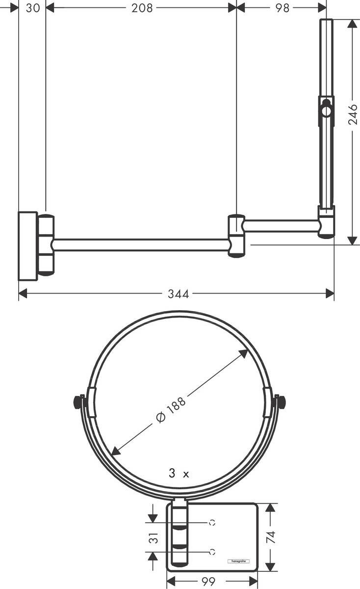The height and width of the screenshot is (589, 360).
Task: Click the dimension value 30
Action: [32, 7]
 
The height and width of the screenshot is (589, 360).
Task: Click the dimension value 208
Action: [142, 7]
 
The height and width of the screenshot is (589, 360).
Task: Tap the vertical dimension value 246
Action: [353, 114]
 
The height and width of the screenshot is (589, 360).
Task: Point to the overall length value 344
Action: [178, 294]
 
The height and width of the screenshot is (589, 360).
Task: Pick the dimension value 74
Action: [271, 536]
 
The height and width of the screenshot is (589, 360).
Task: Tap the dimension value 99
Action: [209, 582]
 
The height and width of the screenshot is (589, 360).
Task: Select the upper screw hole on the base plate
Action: [212, 523]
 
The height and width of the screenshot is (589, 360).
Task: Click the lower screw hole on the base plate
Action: [212, 552]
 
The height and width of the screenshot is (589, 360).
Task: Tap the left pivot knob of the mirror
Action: [77, 402]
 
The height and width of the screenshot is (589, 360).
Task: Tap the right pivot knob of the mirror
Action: [281, 402]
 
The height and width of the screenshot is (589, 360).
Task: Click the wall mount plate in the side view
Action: [27, 246]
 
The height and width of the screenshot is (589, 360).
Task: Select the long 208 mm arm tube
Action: [141, 245]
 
